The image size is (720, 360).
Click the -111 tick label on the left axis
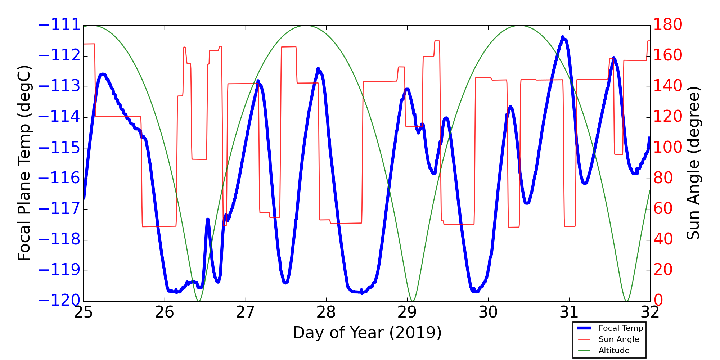pos(59,25)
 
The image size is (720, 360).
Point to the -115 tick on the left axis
pos(59,148)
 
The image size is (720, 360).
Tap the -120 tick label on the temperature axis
pos(59,301)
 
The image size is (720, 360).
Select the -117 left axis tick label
pos(59,209)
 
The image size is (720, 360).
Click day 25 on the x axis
pos(84,312)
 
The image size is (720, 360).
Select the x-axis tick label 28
pos(326,312)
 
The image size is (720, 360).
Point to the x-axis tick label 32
pos(650,312)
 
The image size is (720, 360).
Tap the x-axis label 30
pos(488,312)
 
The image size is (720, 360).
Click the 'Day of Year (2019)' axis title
pos(367,333)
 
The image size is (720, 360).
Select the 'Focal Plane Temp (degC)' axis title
pos(24,163)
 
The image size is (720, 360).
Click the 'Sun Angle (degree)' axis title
pos(693,163)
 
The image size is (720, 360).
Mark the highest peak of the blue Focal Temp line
pos(562,37)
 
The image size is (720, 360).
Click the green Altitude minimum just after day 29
pos(413,301)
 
